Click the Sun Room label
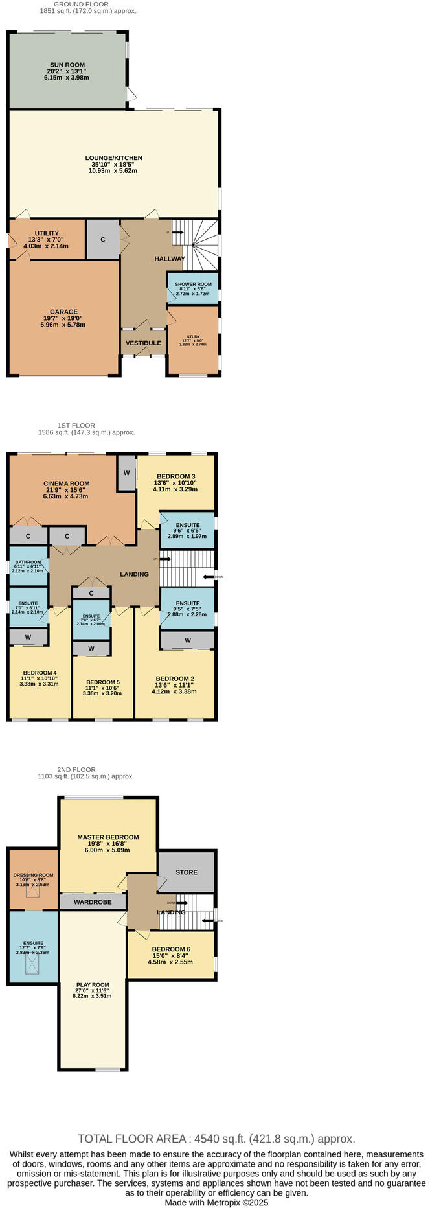click(x=67, y=65)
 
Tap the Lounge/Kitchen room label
click(x=113, y=157)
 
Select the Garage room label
click(x=63, y=312)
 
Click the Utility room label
click(x=47, y=233)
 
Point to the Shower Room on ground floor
click(x=192, y=285)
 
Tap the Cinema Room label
click(x=66, y=483)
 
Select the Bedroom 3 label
click(x=174, y=476)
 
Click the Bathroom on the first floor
click(x=28, y=563)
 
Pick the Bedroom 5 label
click(x=102, y=682)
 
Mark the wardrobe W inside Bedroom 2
click(x=187, y=640)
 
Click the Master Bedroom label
click(x=107, y=837)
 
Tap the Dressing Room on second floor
click(x=33, y=875)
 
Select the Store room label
click(x=186, y=872)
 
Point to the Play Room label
click(x=92, y=985)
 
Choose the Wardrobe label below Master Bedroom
click(x=92, y=902)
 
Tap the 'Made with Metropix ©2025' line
click(x=216, y=1202)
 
